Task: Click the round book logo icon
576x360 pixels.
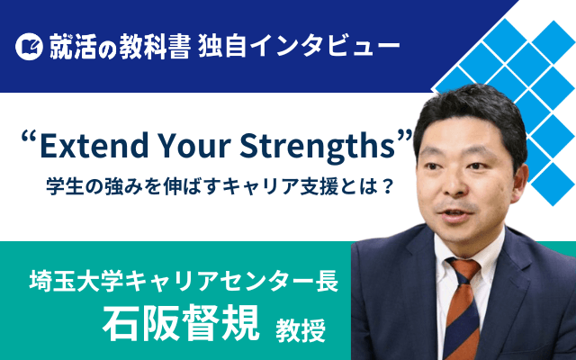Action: pos(30,46)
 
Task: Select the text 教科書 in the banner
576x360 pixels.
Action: pos(154,47)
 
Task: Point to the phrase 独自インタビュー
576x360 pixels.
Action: pos(299,47)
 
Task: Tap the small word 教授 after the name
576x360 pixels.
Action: pos(301,330)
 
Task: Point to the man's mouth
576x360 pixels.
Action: pos(455,214)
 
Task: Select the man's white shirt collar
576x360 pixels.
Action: pos(467,250)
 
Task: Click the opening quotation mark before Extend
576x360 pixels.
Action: pos(31,138)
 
